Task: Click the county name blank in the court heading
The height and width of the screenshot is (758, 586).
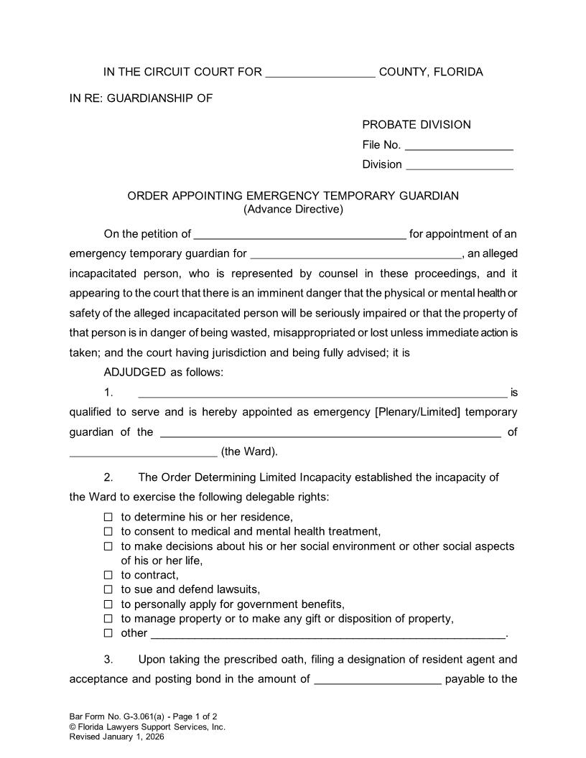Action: pyautogui.click(x=320, y=72)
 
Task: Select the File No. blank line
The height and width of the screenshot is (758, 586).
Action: pyautogui.click(x=459, y=146)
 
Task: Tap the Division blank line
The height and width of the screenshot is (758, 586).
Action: pyautogui.click(x=460, y=165)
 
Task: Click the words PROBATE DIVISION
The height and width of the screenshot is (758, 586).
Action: pyautogui.click(x=417, y=125)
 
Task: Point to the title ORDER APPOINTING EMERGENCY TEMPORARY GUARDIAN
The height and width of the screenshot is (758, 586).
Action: pyautogui.click(x=293, y=196)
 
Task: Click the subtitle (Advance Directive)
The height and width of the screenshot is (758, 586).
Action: pyautogui.click(x=293, y=210)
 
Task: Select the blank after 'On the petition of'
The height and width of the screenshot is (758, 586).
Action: pyautogui.click(x=300, y=235)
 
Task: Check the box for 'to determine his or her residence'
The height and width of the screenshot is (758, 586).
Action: pyautogui.click(x=108, y=517)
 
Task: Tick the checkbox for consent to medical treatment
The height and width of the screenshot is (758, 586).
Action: pyautogui.click(x=108, y=532)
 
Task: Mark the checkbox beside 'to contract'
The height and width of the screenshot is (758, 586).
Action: pyautogui.click(x=108, y=575)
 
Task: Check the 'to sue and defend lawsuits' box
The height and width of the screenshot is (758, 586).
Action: pyautogui.click(x=108, y=590)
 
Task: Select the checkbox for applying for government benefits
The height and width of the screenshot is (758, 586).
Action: pyautogui.click(x=108, y=604)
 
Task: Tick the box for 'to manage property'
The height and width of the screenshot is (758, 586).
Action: pyautogui.click(x=108, y=619)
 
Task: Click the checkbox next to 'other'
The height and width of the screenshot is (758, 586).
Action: pyautogui.click(x=108, y=633)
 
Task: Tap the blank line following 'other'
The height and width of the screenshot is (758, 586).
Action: pyautogui.click(x=327, y=635)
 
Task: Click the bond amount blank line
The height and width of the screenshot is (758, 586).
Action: pyautogui.click(x=378, y=680)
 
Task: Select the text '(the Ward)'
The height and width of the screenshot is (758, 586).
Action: pyautogui.click(x=249, y=452)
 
